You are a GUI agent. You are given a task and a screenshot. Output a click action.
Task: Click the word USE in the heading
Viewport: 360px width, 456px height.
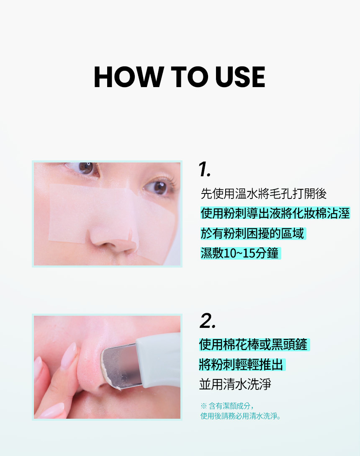(240, 77)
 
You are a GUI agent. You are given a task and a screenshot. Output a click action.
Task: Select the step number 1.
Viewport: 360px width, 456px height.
(204, 169)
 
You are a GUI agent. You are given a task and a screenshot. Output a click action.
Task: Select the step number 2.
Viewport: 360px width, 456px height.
(208, 321)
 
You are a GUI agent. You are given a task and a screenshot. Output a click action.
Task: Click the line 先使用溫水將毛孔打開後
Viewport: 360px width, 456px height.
(263, 193)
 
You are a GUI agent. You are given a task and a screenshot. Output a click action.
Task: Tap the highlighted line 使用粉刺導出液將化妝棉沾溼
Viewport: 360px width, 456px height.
(275, 213)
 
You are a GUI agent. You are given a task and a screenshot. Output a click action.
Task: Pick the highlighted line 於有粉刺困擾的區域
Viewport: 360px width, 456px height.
(252, 233)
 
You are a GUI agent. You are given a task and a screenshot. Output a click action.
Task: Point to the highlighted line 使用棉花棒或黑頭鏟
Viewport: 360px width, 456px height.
(253, 345)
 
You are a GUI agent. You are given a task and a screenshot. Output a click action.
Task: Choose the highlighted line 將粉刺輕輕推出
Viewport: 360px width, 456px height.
(241, 364)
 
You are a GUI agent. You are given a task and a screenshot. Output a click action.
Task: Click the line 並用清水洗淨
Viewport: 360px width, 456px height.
(235, 384)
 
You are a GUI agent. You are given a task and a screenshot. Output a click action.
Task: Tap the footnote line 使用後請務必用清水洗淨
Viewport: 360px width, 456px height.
(241, 416)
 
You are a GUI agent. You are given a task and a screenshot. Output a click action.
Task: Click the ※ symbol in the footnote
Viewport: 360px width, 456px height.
(203, 406)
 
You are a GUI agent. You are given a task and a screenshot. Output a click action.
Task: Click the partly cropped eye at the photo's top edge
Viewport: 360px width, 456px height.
(84, 168)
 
